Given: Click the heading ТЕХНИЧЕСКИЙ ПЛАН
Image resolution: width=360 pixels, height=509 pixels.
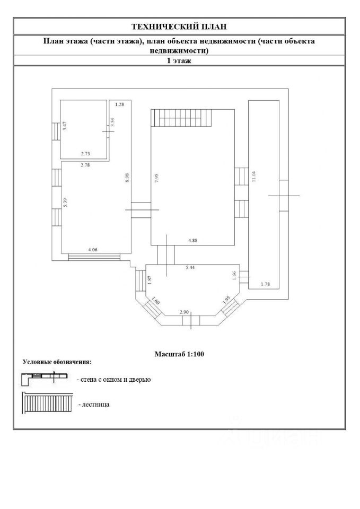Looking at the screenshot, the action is click(x=179, y=27).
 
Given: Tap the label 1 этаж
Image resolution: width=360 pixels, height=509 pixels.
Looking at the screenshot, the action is click(x=179, y=60).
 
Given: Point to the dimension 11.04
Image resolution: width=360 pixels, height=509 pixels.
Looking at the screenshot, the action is click(x=254, y=176).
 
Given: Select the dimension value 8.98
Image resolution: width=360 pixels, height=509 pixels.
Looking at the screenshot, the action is click(x=127, y=177).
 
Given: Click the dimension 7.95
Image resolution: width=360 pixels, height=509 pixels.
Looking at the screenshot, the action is click(x=156, y=179).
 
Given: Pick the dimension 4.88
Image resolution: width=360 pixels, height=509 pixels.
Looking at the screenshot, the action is click(x=193, y=241).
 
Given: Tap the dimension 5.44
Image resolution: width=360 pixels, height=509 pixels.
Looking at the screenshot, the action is click(x=190, y=267).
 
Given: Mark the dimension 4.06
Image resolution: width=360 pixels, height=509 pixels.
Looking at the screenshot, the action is click(x=93, y=250).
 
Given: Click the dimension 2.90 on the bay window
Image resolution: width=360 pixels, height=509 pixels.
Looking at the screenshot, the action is click(x=184, y=312).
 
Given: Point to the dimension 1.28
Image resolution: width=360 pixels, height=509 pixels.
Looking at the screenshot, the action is click(x=119, y=104).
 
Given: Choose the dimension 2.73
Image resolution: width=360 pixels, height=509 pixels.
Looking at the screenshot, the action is click(x=85, y=154).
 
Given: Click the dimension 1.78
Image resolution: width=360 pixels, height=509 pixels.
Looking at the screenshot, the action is click(x=265, y=284).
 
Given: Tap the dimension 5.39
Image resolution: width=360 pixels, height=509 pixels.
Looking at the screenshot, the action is click(x=65, y=203).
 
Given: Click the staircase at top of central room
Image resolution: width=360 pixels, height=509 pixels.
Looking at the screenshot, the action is click(x=181, y=118).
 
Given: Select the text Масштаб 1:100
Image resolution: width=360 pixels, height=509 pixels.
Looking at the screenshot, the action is click(x=180, y=354).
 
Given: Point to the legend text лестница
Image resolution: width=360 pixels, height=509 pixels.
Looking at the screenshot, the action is click(x=95, y=405).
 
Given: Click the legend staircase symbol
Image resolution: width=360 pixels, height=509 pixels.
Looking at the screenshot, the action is click(x=47, y=403).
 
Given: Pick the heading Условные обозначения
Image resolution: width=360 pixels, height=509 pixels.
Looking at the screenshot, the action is click(x=57, y=361).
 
